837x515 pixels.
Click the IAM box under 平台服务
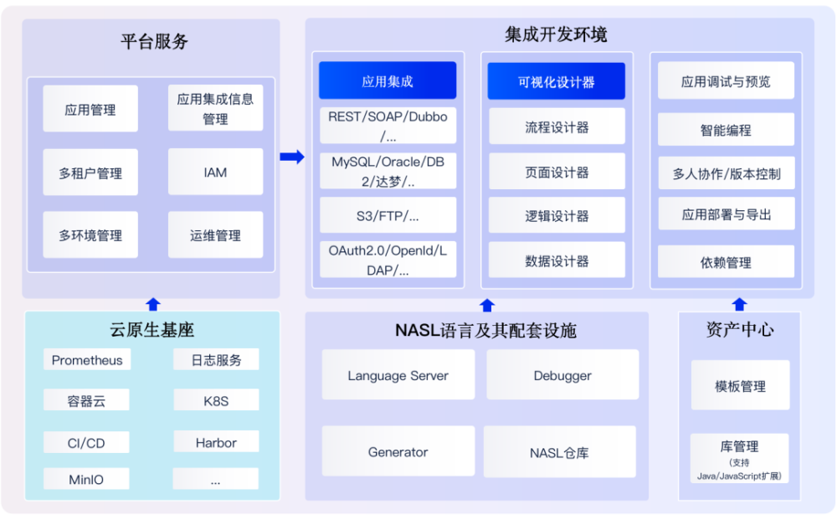click(x=215, y=173)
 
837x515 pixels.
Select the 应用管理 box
click(x=90, y=110)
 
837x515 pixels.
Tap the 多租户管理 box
click(x=90, y=173)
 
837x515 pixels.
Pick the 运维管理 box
click(x=215, y=235)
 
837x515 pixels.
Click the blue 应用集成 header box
click(x=388, y=81)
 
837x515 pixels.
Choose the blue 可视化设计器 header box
click(x=557, y=82)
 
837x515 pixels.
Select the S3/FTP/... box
click(x=388, y=216)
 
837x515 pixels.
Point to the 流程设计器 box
click(x=557, y=127)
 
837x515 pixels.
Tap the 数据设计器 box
click(x=557, y=260)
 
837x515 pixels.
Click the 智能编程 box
click(x=726, y=130)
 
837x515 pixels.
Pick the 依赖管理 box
click(x=726, y=262)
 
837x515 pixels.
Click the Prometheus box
click(x=87, y=360)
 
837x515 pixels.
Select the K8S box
click(x=216, y=401)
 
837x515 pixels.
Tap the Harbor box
click(x=216, y=443)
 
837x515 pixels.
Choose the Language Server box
click(x=398, y=376)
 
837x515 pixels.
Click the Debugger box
click(x=562, y=376)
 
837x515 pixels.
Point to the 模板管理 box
click(x=740, y=386)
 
